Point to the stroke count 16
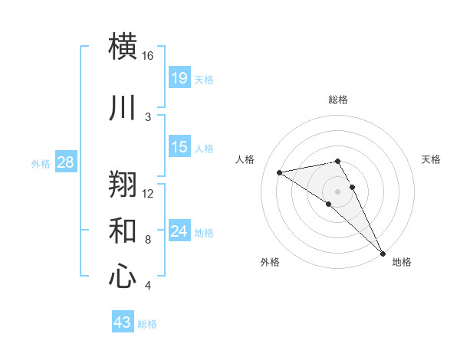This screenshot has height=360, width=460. (147, 56)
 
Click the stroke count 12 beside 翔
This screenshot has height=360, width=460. (148, 193)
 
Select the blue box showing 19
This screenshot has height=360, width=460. (179, 77)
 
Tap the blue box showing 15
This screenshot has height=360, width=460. (179, 147)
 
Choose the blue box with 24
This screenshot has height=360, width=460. (179, 231)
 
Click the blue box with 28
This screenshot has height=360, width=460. (64, 162)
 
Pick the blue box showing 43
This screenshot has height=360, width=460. (122, 322)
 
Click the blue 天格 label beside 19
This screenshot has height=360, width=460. (203, 79)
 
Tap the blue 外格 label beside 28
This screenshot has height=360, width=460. (40, 163)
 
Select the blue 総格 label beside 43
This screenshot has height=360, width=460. (147, 324)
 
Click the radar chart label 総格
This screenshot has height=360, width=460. (337, 100)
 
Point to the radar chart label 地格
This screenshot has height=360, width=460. (402, 262)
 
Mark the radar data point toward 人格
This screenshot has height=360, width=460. (280, 172)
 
